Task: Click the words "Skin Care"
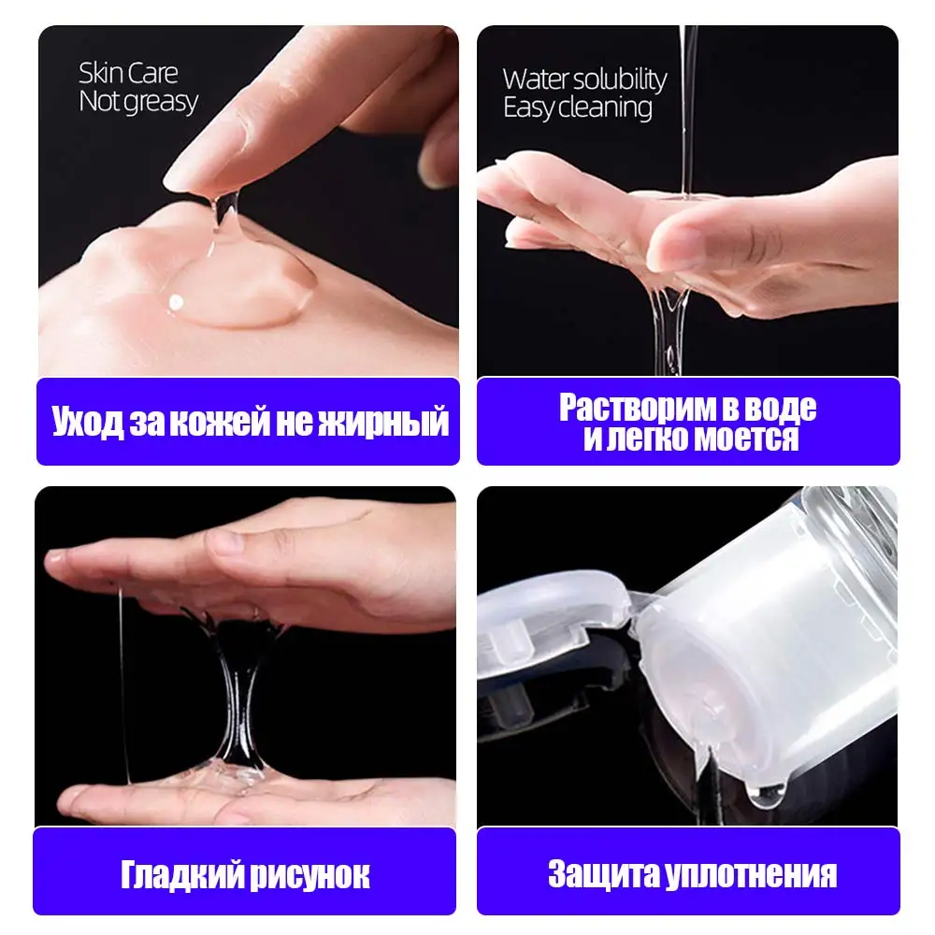click(x=128, y=73)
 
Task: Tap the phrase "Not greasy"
click(x=138, y=101)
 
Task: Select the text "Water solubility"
click(x=584, y=79)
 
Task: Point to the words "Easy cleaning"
click(x=577, y=108)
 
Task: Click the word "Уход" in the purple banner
click(x=87, y=422)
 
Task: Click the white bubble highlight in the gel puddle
click(x=176, y=302)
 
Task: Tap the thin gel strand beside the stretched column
click(x=123, y=685)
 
